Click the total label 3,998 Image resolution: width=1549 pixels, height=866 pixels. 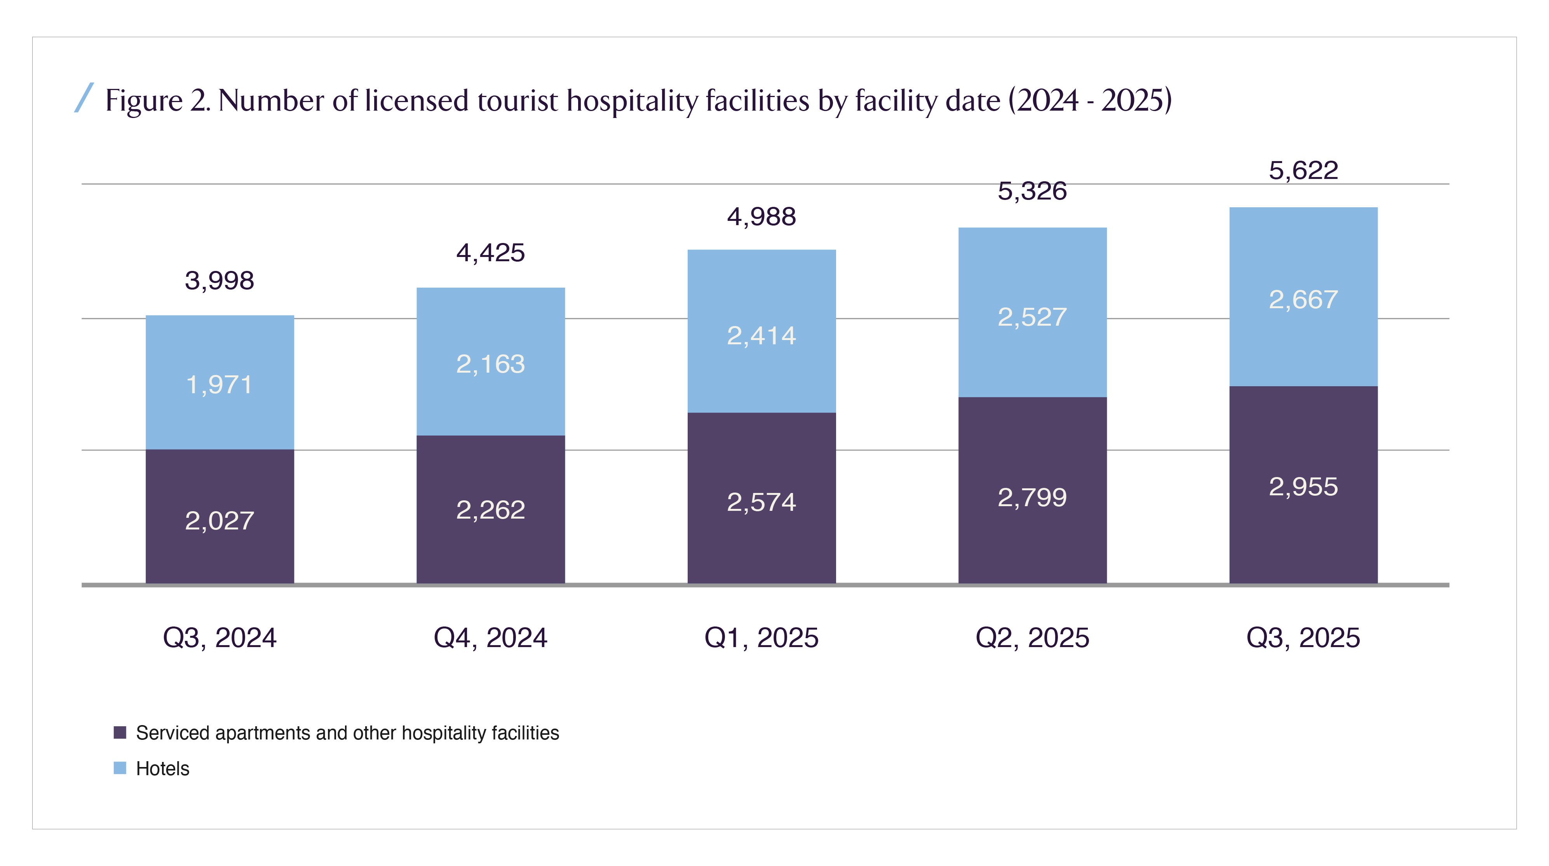tap(220, 281)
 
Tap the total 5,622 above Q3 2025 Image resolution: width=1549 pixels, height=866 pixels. tap(1303, 171)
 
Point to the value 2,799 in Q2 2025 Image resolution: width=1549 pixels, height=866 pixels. tap(1032, 498)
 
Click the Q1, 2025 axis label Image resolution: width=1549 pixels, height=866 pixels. tap(761, 638)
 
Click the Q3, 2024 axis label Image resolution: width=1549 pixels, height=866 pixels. tap(220, 638)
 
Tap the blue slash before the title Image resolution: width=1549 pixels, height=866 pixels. tap(84, 98)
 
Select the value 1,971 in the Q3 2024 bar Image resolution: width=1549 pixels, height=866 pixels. tap(220, 385)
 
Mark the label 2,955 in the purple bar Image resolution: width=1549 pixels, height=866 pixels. tap(1303, 487)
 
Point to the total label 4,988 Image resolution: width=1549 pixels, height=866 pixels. tap(761, 217)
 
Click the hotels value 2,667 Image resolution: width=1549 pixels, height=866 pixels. tap(1303, 299)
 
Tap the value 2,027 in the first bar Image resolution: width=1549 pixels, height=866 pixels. tap(220, 521)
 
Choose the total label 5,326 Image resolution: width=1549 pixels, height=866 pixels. tap(1032, 191)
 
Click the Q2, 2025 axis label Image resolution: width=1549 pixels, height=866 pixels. tap(1032, 638)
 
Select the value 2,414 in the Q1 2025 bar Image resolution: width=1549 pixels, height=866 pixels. tap(761, 336)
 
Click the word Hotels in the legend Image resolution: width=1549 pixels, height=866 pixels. tap(162, 769)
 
